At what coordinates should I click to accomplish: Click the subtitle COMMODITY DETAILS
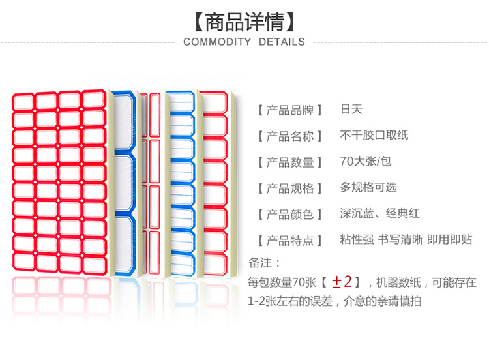click(244, 42)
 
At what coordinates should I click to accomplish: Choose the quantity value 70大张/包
click(365, 162)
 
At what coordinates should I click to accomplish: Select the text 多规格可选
click(368, 188)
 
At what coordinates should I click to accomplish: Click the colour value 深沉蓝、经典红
click(378, 214)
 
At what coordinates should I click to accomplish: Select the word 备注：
click(265, 263)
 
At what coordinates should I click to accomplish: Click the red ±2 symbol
click(342, 282)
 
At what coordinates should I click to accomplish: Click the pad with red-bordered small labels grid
click(59, 183)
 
